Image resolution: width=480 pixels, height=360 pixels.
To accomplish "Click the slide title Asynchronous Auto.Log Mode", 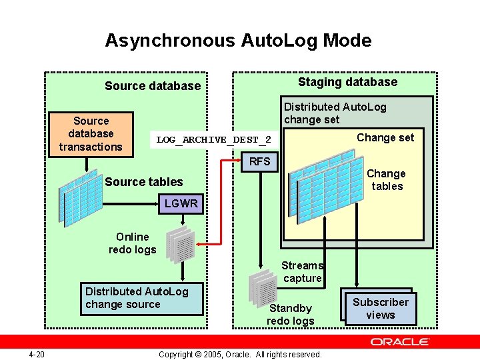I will [x=238, y=41].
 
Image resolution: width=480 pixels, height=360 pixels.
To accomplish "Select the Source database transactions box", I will [x=91, y=134].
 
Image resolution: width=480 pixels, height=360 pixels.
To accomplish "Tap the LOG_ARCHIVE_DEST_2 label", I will [x=213, y=139].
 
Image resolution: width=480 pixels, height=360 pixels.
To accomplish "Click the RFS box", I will [x=259, y=161].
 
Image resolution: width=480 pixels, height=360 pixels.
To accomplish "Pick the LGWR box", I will [x=181, y=203].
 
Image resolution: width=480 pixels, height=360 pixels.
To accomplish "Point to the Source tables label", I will [x=143, y=182].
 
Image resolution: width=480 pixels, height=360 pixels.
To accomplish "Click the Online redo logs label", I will [x=132, y=243].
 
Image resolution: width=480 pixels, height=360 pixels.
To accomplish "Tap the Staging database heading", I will [x=347, y=82].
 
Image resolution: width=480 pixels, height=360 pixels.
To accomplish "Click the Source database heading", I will [x=153, y=85].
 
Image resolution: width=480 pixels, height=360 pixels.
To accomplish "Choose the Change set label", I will [x=385, y=137].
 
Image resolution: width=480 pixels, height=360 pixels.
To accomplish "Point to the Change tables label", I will [x=387, y=180].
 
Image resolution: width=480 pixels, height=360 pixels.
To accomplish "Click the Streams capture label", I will [x=302, y=272].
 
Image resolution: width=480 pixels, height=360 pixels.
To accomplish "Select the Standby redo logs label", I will [x=290, y=315].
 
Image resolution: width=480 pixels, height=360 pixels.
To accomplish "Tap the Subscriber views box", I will [x=380, y=308].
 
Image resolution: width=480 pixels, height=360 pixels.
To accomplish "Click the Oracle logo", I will [x=400, y=341].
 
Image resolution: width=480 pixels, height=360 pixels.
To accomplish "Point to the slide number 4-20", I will [x=37, y=354].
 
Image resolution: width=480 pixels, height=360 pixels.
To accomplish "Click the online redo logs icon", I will [x=181, y=244].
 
